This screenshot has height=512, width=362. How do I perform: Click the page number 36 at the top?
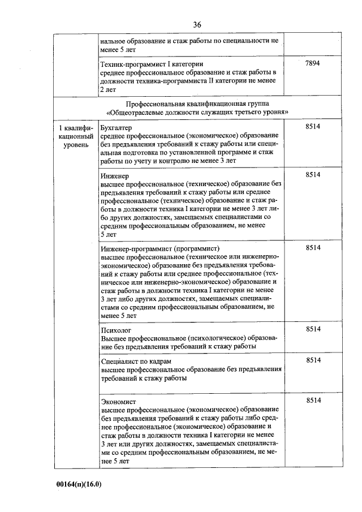pyautogui.click(x=197, y=24)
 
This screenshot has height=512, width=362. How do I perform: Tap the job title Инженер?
pyautogui.click(x=114, y=176)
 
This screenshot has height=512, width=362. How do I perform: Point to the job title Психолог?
pyautogui.click(x=115, y=329)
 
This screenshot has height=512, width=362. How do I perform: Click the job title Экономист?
pyautogui.click(x=117, y=401)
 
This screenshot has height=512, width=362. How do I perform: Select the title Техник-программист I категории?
pyautogui.click(x=151, y=64)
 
